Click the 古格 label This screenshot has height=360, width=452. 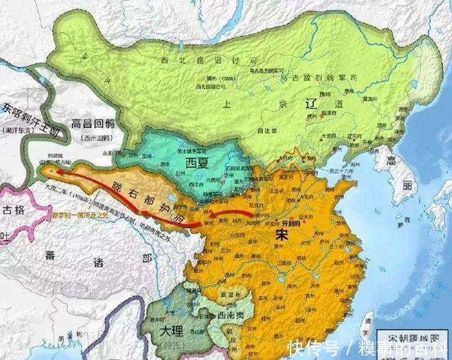13,210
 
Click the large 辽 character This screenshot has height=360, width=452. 302,106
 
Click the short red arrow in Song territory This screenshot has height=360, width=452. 231,215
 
